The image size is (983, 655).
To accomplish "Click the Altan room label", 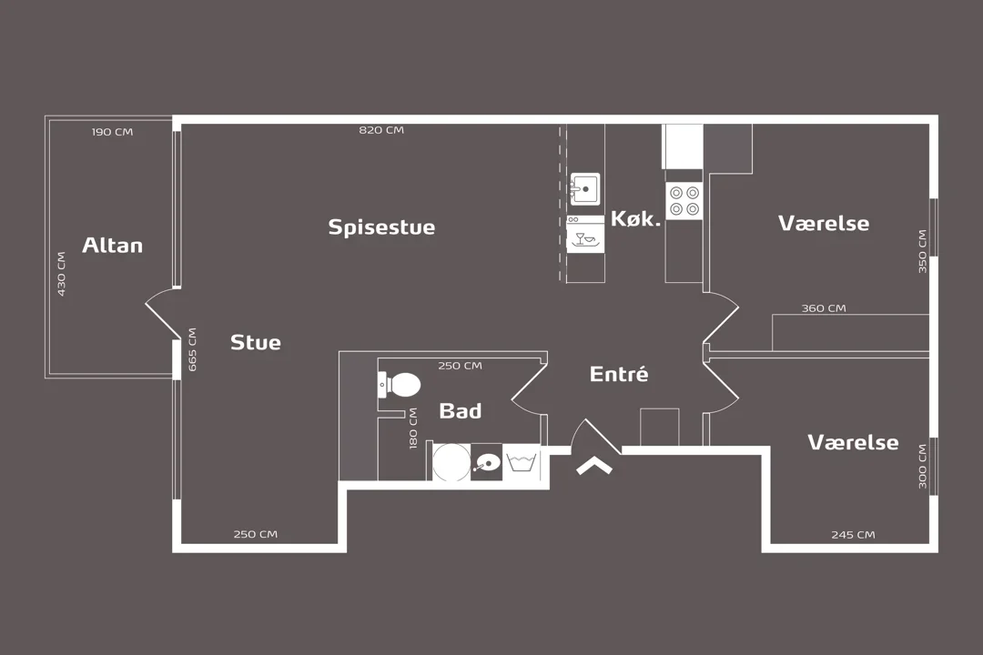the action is [112, 245].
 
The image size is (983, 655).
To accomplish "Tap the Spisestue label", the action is [381, 227].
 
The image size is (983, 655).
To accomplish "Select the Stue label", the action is [255, 342].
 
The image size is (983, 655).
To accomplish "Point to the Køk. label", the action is [635, 218].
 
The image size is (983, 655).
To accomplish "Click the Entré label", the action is [619, 374].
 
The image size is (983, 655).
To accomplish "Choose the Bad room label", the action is [461, 410].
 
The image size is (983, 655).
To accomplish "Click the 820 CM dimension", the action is [381, 130].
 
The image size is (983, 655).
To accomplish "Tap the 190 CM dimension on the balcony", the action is [112, 132].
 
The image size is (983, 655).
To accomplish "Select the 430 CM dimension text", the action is [62, 274].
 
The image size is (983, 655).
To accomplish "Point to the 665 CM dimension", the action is [192, 349].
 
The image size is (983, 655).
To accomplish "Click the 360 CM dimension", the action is [824, 307].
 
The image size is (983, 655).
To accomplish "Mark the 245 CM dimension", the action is [853, 535].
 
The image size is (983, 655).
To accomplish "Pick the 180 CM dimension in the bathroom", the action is [413, 428].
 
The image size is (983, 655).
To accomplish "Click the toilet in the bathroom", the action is [400, 385].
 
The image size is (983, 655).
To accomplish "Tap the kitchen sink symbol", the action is [584, 188].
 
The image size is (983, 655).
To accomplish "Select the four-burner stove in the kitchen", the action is [684, 200].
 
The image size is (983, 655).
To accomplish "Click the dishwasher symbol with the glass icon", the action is [585, 235].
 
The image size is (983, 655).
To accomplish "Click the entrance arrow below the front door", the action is [594, 466].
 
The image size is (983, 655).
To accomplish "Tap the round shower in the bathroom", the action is [451, 462].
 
